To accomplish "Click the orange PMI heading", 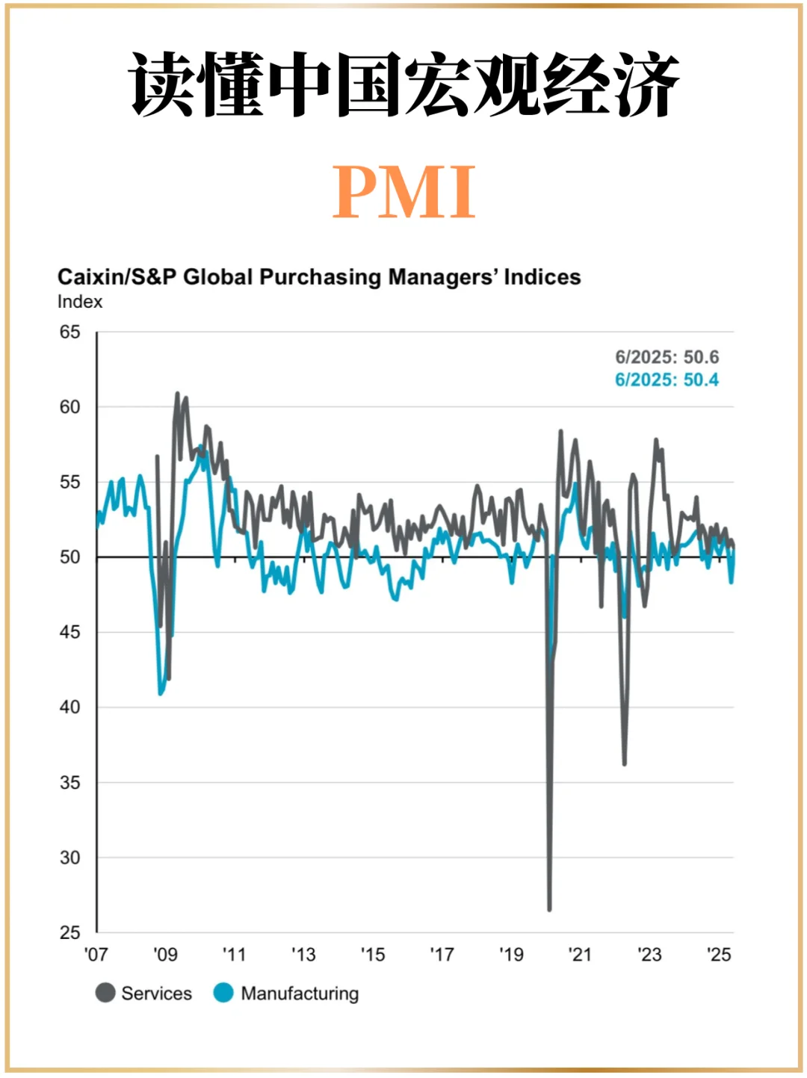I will pyautogui.click(x=403, y=191).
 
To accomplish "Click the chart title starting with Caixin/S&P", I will pyautogui.click(x=319, y=277).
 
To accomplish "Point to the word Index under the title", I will pyautogui.click(x=79, y=302).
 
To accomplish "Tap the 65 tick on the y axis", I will pyautogui.click(x=69, y=332).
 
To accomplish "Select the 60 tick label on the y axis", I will pyautogui.click(x=69, y=407).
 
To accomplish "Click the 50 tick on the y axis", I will pyautogui.click(x=69, y=557).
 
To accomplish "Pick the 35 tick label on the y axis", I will pyautogui.click(x=69, y=783).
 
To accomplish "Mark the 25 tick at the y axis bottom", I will pyautogui.click(x=69, y=932).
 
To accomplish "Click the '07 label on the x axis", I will pyautogui.click(x=96, y=955).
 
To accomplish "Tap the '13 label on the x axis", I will pyautogui.click(x=303, y=955).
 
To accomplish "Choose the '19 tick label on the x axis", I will pyautogui.click(x=511, y=955).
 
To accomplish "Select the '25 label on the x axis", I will pyautogui.click(x=719, y=955).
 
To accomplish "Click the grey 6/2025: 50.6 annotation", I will pyautogui.click(x=667, y=357).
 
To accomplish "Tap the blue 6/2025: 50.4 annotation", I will pyautogui.click(x=667, y=380).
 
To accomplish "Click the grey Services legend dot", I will pyautogui.click(x=105, y=993).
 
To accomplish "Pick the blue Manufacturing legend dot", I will pyautogui.click(x=223, y=993).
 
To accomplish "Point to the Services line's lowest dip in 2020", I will pyautogui.click(x=549, y=909).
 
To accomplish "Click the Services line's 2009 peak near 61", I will pyautogui.click(x=177, y=393).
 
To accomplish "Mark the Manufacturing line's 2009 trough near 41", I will pyautogui.click(x=160, y=693).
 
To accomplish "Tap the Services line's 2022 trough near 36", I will pyautogui.click(x=624, y=763).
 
